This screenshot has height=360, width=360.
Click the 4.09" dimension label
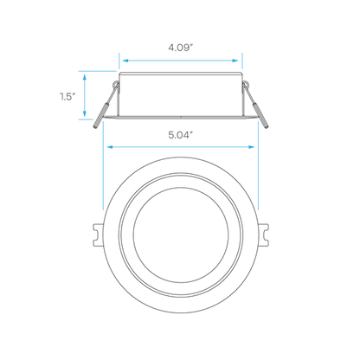tap(181, 48)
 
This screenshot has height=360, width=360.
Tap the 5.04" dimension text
tap(181, 135)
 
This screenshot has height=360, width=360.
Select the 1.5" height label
tap(67, 96)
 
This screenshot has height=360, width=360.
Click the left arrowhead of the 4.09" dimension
tap(125, 61)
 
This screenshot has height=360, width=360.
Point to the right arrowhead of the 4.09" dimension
tap(235, 61)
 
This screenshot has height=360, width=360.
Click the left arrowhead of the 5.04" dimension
tap(110, 147)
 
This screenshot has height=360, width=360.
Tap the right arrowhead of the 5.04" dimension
tap(251, 147)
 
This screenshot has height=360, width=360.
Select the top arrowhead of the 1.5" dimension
tap(85, 77)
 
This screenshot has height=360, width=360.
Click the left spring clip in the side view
tap(105, 106)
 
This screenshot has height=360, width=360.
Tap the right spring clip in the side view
tap(255, 106)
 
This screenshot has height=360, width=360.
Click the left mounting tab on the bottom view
tap(98, 235)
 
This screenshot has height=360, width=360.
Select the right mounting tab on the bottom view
tap(264, 235)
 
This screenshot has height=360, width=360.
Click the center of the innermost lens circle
tap(181, 235)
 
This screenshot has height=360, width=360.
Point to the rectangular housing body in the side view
tap(181, 94)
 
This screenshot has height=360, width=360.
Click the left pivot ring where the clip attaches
tap(117, 84)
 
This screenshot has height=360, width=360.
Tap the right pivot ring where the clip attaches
tap(245, 84)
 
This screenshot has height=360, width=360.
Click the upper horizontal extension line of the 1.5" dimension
tap(98, 71)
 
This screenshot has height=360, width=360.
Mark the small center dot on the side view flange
tap(181, 117)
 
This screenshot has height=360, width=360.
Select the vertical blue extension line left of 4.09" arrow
tap(119, 61)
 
